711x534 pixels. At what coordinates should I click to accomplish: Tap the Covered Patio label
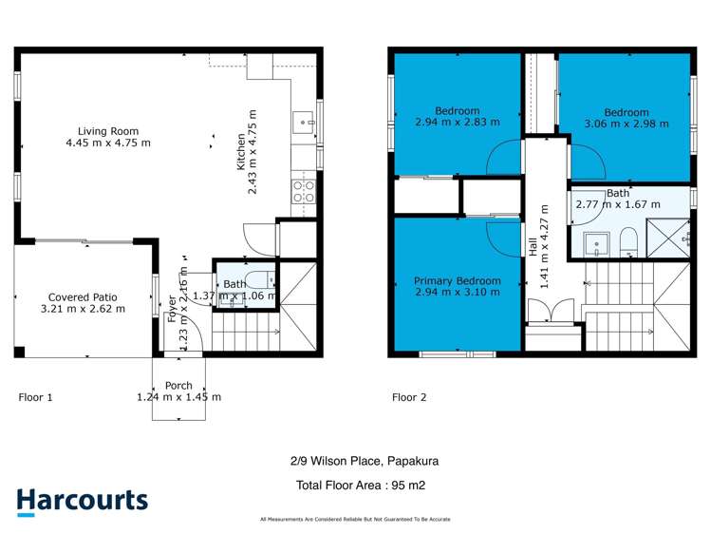(81, 296)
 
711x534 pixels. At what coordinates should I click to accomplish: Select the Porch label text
(178, 386)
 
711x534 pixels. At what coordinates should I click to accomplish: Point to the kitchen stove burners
(304, 192)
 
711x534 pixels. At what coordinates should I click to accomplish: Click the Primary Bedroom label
(457, 280)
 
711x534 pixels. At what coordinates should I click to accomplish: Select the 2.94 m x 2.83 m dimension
(457, 122)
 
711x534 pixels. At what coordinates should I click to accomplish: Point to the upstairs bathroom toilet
(627, 241)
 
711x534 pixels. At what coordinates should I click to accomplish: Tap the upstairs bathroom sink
(595, 243)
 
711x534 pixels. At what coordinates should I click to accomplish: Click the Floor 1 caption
(35, 397)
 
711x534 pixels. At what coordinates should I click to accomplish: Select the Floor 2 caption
(409, 397)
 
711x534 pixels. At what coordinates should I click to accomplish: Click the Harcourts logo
(82, 501)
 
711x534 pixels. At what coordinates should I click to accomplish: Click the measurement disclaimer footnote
(355, 519)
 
